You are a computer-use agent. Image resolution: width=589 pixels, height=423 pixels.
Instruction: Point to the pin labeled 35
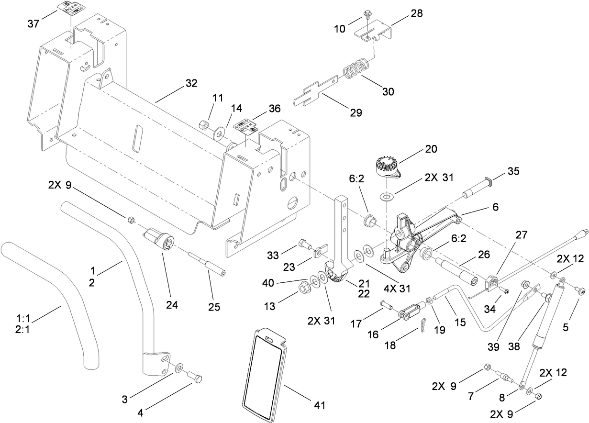[x=477, y=189]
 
